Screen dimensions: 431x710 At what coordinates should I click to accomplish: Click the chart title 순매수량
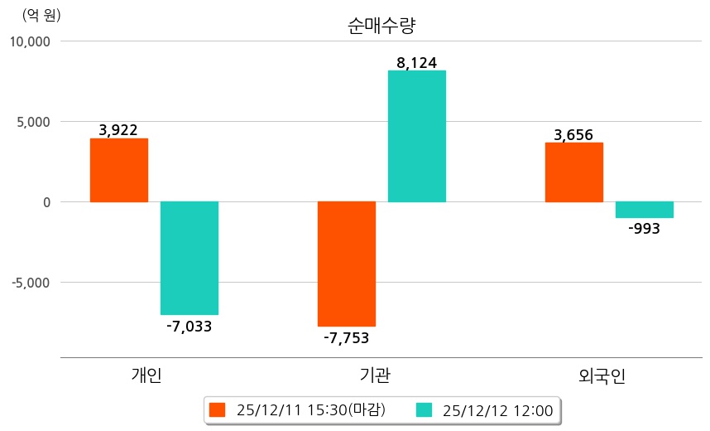[381, 26]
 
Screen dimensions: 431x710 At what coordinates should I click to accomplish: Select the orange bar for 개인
[118, 170]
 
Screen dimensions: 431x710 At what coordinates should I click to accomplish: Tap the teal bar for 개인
[189, 258]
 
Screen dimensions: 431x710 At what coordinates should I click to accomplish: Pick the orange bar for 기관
[346, 264]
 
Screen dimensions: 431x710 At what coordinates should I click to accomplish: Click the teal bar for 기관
[416, 136]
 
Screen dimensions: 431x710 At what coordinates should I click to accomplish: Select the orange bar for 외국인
[573, 172]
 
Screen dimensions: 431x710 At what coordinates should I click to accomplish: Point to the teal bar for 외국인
[644, 210]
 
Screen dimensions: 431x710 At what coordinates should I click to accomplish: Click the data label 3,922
[118, 130]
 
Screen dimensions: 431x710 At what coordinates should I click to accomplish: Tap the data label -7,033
[189, 327]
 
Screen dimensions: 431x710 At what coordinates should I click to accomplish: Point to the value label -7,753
[346, 338]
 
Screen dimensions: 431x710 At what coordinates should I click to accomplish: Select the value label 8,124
[416, 62]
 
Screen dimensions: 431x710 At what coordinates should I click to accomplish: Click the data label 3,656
[573, 135]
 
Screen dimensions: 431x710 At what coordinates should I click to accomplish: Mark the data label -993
[644, 230]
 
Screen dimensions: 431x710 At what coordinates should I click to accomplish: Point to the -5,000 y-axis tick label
[31, 283]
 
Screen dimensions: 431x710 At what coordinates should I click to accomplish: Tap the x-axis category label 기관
[377, 376]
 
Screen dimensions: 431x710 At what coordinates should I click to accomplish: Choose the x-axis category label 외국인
[602, 376]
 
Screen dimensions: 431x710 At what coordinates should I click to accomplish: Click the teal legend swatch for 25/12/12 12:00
[424, 409]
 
